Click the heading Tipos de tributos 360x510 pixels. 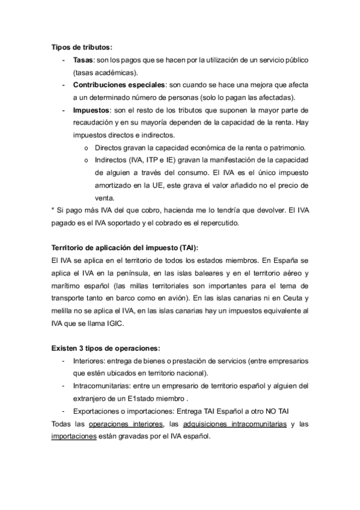tap(81, 48)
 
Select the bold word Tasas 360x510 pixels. tap(82, 61)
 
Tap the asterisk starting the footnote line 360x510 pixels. tap(53, 210)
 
